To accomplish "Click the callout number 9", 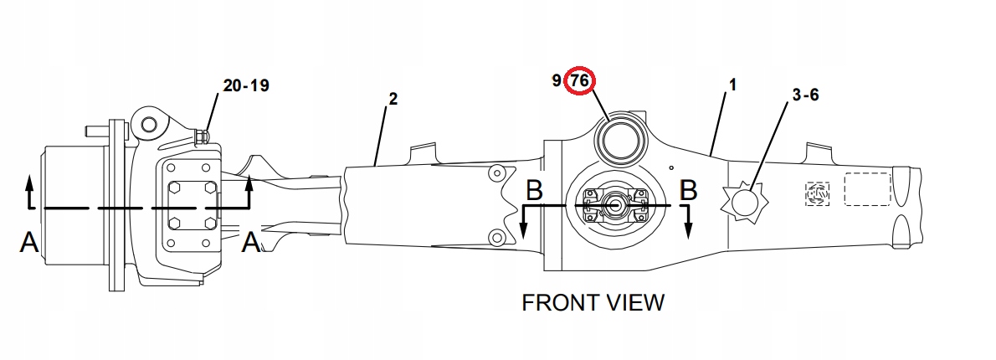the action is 557,80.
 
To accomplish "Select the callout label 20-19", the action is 246,85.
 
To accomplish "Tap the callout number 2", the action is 393,99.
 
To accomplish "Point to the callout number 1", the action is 732,84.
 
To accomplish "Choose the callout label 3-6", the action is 805,95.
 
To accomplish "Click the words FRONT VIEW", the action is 593,302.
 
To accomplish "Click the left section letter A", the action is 29,242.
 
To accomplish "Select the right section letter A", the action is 252,242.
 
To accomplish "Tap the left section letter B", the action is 534,190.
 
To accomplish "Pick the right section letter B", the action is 689,190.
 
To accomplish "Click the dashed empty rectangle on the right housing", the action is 868,188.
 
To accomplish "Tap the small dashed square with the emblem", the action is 818,193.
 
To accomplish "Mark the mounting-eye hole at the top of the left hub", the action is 149,125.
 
